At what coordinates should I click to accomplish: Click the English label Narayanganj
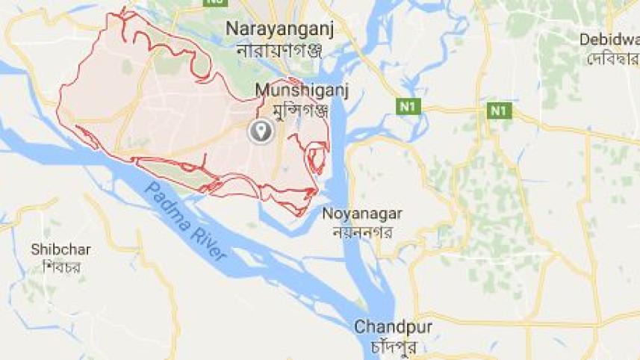point(279,29)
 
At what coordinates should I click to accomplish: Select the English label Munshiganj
point(302,90)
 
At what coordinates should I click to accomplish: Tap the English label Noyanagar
point(362,214)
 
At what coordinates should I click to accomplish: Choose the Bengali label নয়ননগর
point(362,232)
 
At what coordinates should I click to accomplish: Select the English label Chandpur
point(392,327)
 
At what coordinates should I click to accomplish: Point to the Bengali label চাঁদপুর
point(392,347)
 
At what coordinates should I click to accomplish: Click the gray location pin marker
point(261,131)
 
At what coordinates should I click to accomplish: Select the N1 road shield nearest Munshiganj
point(408,107)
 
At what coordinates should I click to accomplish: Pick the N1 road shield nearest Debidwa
point(499,111)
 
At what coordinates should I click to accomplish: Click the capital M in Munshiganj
point(262,90)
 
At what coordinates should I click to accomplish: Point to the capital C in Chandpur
point(360,327)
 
